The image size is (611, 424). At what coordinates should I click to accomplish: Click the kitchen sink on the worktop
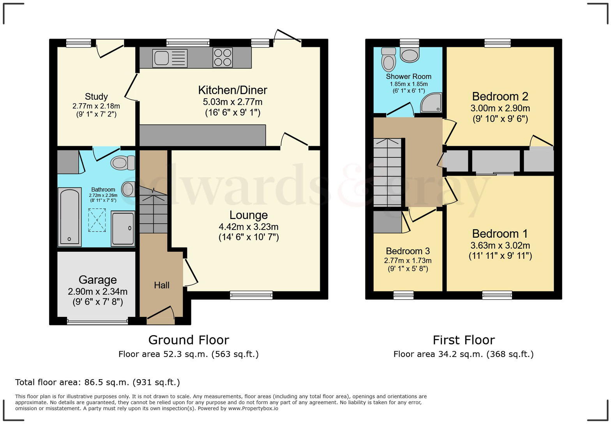[170, 58]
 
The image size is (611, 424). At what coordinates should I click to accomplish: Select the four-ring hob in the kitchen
[223, 57]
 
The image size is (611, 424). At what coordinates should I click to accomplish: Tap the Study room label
[96, 97]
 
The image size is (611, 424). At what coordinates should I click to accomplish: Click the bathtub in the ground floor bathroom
[69, 217]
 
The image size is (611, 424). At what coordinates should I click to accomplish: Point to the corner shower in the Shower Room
[431, 102]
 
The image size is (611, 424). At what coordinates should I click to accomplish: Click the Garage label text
[97, 280]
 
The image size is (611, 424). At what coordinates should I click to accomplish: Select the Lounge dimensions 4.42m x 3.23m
[249, 227]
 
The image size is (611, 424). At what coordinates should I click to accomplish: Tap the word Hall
[161, 285]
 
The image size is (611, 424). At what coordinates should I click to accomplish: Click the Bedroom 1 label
[500, 234]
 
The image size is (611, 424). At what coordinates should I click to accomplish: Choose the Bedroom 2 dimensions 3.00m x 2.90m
[500, 108]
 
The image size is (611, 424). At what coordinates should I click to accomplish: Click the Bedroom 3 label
[408, 251]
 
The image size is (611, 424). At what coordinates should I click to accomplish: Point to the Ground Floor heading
[189, 340]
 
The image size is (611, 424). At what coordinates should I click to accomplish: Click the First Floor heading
[463, 340]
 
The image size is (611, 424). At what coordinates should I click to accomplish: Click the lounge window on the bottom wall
[251, 295]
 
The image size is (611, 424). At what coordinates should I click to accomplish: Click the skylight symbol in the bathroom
[97, 220]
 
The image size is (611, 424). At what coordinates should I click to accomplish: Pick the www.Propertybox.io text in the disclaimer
[253, 408]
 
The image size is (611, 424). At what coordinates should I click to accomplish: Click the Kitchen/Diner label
[233, 90]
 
